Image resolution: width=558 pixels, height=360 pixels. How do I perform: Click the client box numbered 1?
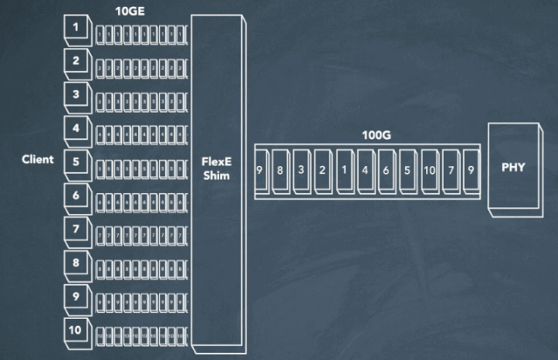(76, 29)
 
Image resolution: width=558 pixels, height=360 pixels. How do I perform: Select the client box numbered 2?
(76, 62)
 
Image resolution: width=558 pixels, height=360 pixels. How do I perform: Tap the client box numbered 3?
(76, 95)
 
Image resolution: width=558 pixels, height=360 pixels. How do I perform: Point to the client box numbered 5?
(76, 163)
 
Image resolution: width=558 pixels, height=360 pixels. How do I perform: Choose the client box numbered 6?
(76, 197)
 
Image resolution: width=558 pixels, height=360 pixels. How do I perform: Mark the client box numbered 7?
(76, 230)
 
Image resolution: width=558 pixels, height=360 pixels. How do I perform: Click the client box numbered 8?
(76, 263)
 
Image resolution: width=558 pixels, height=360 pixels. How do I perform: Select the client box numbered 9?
(76, 297)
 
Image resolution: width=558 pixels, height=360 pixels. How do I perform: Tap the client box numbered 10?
(76, 330)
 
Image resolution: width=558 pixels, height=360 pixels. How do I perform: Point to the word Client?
(38, 160)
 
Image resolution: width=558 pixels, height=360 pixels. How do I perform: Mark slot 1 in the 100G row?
(345, 170)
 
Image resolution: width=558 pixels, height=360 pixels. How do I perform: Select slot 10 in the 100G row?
(429, 170)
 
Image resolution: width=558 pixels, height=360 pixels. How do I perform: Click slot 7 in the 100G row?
(450, 170)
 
